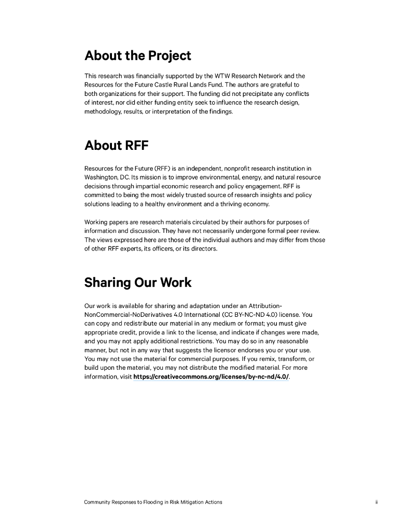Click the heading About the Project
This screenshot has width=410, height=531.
point(137,55)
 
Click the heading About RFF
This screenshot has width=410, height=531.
point(116,145)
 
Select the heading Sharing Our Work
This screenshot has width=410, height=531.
point(138,283)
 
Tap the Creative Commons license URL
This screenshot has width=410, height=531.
point(211,377)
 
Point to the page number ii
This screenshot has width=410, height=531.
point(376,502)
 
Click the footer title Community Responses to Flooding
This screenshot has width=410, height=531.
point(153,502)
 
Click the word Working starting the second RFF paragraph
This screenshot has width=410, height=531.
point(96,222)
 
